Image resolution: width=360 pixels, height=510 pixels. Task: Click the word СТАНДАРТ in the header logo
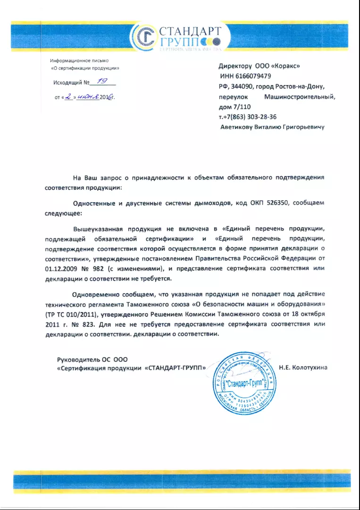[x=190, y=32]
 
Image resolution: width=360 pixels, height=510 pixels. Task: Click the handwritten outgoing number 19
[x=101, y=81]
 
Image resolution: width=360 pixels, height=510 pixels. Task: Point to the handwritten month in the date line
[x=88, y=97]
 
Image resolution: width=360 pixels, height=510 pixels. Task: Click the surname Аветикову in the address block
[x=239, y=127]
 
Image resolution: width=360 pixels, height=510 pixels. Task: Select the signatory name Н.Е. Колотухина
[x=303, y=367]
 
